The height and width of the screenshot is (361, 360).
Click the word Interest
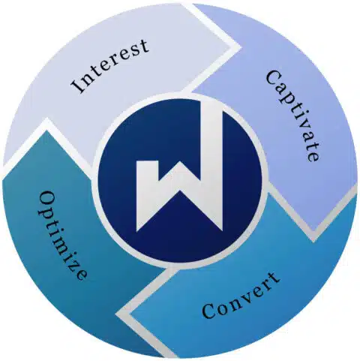click(110, 66)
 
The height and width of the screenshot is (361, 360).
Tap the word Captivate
click(292, 116)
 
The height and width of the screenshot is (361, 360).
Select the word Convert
click(241, 296)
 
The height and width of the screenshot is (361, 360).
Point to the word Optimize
click(62, 236)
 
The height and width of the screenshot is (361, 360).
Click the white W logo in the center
click(179, 167)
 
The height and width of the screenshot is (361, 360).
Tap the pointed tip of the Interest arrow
click(241, 47)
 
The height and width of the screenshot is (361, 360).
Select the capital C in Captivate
click(273, 78)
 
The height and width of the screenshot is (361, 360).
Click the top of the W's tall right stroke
click(211, 103)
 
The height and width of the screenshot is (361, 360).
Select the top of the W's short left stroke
click(147, 162)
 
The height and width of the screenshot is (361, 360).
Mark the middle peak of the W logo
click(179, 163)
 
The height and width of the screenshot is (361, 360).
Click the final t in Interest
click(144, 46)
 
